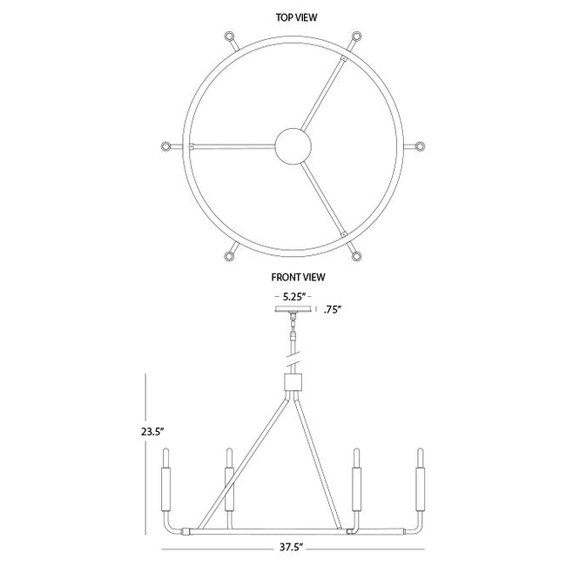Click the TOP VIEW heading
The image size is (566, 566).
tap(296, 17)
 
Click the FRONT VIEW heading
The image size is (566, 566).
tap(298, 277)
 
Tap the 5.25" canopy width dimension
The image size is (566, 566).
tap(294, 297)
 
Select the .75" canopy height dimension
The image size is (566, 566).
tap(333, 310)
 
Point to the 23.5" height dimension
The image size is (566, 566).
tap(152, 432)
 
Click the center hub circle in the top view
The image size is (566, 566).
tap(293, 146)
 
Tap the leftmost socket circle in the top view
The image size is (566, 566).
tap(166, 146)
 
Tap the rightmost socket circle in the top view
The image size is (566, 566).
tap(420, 146)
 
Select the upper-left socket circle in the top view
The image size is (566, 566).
tap(229, 37)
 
